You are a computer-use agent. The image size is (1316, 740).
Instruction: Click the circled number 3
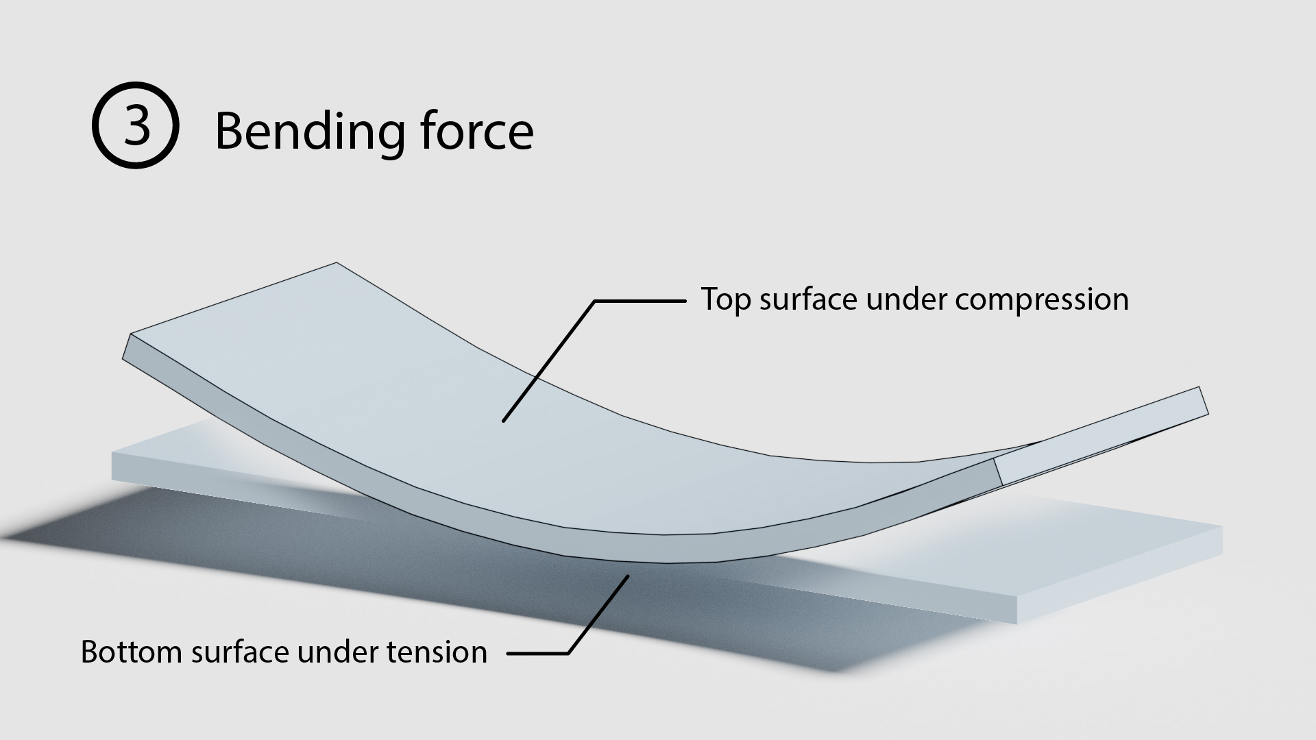tap(136, 125)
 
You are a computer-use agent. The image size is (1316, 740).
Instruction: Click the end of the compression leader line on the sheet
tap(503, 421)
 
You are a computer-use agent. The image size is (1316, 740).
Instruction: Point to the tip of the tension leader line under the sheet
tap(628, 577)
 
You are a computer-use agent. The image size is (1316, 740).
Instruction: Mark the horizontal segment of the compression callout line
tap(639, 301)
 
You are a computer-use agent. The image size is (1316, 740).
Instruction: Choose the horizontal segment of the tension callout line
tap(538, 653)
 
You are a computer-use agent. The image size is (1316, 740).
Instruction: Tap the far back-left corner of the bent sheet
tap(337, 262)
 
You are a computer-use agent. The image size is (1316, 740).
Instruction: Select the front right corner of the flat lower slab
tap(1017, 624)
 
